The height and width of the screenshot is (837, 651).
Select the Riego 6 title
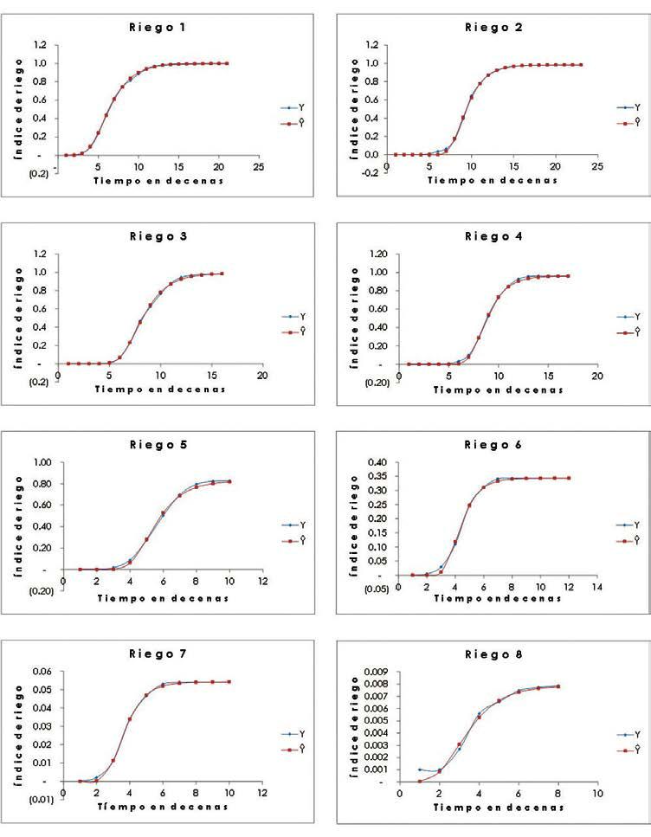491,445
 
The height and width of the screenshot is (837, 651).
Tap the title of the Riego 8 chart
491,654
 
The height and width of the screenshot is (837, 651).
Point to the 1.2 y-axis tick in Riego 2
372,45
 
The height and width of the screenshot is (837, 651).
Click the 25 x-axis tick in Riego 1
257,164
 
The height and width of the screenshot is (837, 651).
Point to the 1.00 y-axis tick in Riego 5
38,462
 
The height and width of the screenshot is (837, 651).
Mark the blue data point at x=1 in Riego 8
419,769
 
